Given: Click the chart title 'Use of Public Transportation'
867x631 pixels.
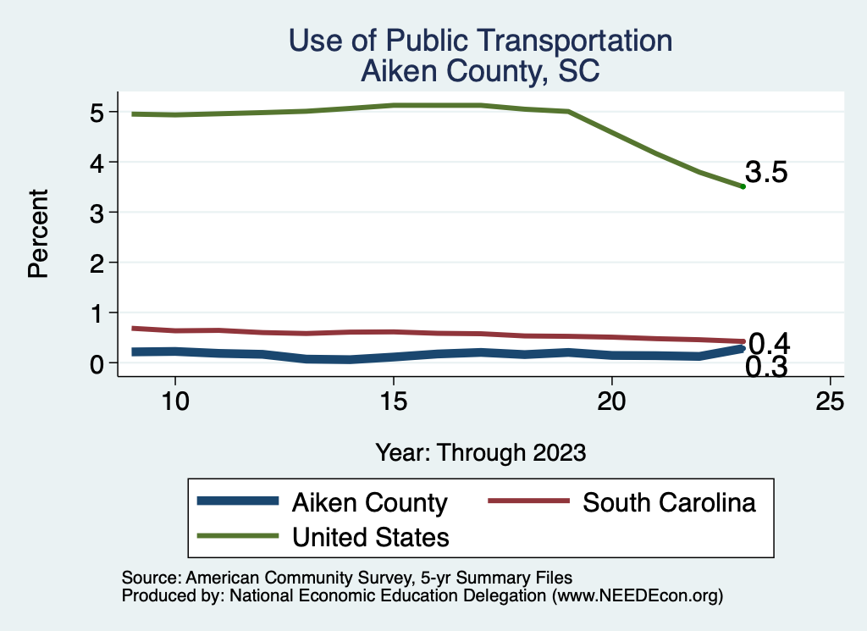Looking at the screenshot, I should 480,41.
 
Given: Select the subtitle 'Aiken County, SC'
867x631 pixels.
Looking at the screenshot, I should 480,71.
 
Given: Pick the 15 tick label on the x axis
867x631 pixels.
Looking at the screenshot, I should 393,401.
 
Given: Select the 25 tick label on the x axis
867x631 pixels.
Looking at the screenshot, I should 831,401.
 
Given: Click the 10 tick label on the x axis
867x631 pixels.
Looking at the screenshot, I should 174,401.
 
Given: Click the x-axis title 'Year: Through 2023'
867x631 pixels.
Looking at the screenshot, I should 480,452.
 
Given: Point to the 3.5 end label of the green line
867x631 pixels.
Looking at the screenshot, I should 767,173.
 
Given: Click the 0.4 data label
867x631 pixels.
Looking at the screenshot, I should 770,344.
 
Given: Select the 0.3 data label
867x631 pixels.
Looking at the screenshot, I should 767,368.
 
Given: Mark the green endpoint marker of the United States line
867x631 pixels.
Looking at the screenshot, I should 743,186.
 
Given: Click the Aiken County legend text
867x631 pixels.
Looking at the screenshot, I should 369,502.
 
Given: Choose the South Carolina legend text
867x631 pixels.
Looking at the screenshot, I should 669,502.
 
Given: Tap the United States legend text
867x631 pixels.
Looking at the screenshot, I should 370,536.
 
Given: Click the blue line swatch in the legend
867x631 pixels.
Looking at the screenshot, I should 238,501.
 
